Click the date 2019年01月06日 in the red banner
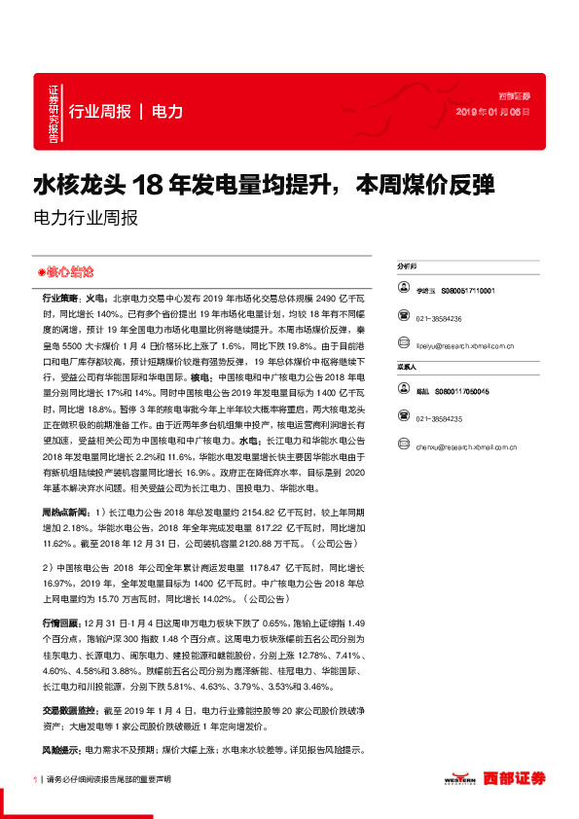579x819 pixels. pyautogui.click(x=493, y=112)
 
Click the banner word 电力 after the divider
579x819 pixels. pyautogui.click(x=167, y=111)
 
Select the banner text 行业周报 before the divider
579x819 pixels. pyautogui.click(x=100, y=111)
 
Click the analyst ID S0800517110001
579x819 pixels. pyautogui.click(x=468, y=290)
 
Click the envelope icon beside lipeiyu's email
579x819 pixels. pyautogui.click(x=404, y=345)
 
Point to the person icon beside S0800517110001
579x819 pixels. pyautogui.click(x=404, y=290)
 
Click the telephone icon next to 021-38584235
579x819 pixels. pyautogui.click(x=404, y=418)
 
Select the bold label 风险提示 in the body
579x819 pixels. pyautogui.click(x=61, y=750)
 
